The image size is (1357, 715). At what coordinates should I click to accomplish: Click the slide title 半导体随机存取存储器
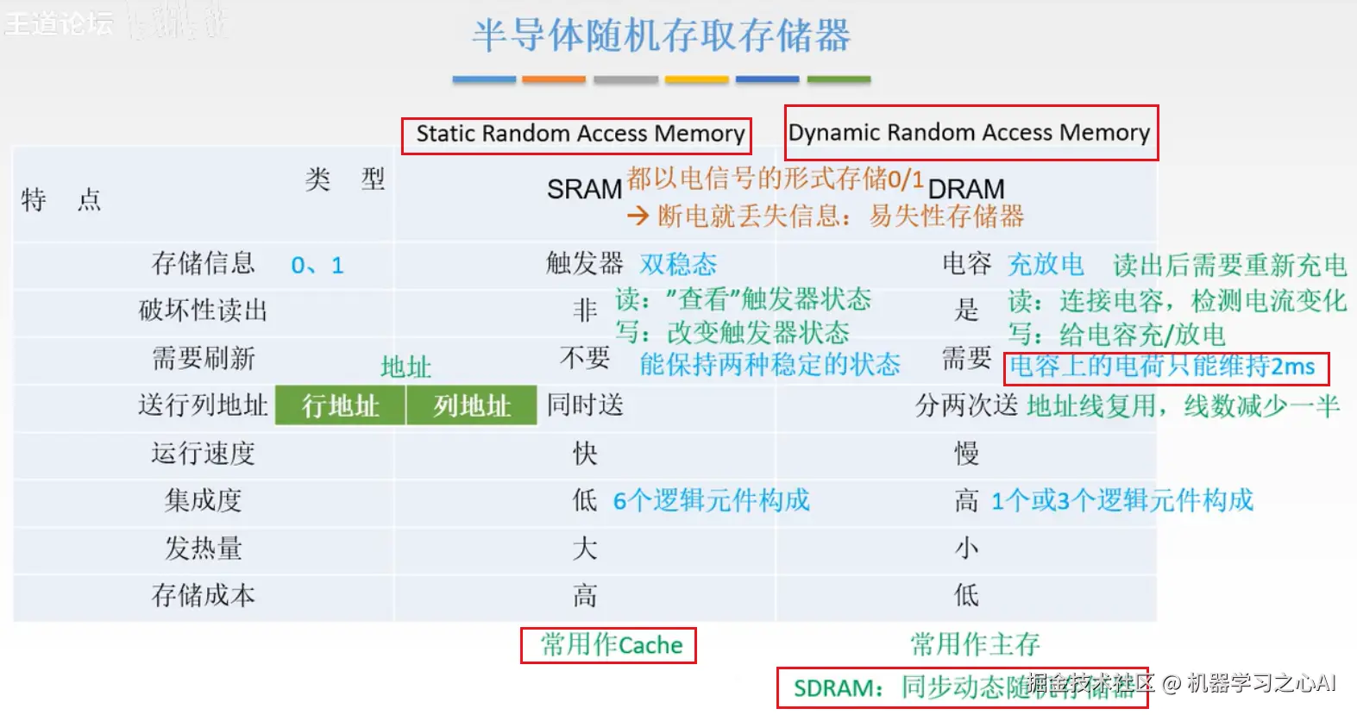661,36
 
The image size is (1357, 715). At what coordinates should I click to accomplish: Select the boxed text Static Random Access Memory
579,135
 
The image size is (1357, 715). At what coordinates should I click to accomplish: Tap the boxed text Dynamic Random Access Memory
969,133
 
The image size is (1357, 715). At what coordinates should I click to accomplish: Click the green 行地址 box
341,405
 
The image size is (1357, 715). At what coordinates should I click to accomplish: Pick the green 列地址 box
472,405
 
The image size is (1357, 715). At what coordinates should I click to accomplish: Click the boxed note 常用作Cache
609,645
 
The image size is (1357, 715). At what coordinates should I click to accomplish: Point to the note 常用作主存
975,643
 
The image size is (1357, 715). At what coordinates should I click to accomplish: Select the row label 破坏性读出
203,310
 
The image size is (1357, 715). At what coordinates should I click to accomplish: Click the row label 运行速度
203,453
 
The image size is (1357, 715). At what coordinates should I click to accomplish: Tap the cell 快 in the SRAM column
585,454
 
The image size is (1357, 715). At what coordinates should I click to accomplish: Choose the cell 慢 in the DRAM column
966,454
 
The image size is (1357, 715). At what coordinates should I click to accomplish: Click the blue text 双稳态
678,264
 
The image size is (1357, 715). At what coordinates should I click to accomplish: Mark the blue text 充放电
1046,264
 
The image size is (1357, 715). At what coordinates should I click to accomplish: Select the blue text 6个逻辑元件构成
711,500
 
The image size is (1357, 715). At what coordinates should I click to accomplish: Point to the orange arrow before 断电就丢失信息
638,216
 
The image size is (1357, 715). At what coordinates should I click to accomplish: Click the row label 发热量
203,548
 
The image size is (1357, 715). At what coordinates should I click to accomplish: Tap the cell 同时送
585,405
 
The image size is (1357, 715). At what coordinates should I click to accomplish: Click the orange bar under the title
554,79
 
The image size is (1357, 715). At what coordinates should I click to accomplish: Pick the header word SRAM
584,189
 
